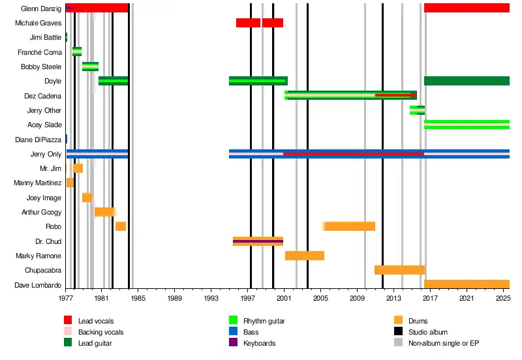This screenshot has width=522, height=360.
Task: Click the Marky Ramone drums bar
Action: point(305,256)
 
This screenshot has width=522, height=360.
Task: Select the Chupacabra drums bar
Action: point(399,270)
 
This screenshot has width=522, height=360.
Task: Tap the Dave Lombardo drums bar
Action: point(467,284)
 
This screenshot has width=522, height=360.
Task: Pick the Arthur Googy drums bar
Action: point(105,212)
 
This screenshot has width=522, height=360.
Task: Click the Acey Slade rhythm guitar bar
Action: point(467,125)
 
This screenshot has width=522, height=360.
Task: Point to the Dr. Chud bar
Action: point(258,241)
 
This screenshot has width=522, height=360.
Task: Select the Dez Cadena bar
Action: point(350,95)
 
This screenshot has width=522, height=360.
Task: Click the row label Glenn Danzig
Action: point(41,8)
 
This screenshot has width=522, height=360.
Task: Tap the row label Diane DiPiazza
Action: point(38,140)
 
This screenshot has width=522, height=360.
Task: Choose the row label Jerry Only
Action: point(46,154)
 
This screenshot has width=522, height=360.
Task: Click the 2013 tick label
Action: point(393,298)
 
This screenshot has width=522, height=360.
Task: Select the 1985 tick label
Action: point(138,298)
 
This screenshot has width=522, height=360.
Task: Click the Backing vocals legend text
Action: point(100,332)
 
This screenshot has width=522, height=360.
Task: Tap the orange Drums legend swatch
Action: point(398,320)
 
